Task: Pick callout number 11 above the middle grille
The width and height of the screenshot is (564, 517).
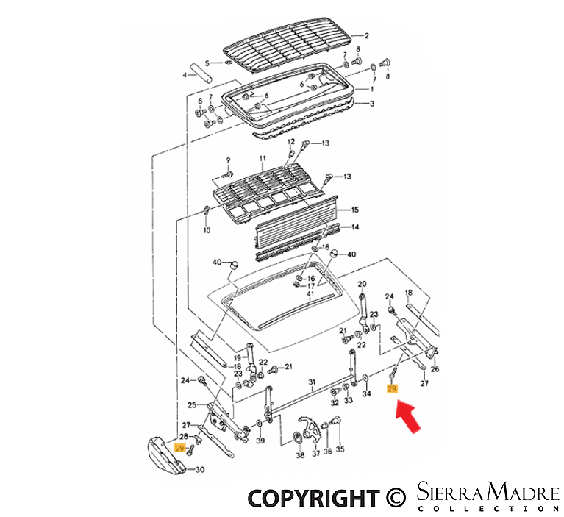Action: click(x=261, y=159)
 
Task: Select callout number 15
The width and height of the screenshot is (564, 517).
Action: click(x=354, y=210)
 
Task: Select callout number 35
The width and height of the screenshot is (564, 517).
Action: click(x=340, y=451)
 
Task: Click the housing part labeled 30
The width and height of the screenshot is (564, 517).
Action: click(x=165, y=454)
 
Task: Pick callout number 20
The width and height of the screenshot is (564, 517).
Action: click(x=361, y=284)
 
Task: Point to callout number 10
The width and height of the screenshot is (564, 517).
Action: click(x=206, y=230)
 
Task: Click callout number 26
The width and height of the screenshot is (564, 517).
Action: click(x=434, y=369)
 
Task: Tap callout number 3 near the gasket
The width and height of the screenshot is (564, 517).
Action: click(x=371, y=104)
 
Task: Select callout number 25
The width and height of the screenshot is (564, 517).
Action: click(x=192, y=404)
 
